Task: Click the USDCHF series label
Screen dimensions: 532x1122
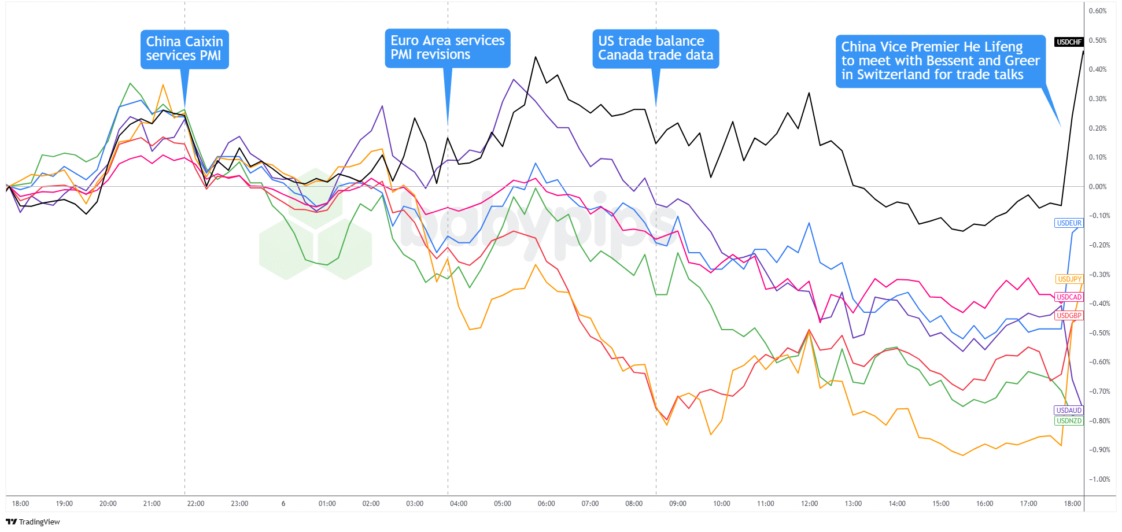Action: (1069, 42)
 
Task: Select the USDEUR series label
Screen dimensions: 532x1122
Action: (1069, 223)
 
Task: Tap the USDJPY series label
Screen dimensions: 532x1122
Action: (1069, 279)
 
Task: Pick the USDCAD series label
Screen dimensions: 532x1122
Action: (1069, 297)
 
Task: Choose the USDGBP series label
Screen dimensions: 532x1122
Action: (1069, 316)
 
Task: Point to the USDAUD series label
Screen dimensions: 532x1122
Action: (1069, 411)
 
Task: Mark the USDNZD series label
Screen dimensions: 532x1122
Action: (1069, 421)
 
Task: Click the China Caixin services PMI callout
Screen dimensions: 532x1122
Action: (184, 49)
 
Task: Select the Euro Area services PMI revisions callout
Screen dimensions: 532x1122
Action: (447, 48)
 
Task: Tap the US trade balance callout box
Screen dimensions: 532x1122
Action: (655, 49)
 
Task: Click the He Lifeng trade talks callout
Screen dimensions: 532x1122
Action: (940, 61)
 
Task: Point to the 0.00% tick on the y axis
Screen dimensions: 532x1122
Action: (1097, 187)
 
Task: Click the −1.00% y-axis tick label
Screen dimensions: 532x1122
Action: (1099, 479)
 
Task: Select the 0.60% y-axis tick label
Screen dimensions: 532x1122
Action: (1097, 11)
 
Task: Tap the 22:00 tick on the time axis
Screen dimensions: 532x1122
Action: (195, 504)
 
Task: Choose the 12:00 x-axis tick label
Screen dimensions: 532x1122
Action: (809, 504)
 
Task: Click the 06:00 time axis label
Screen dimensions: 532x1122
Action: (546, 504)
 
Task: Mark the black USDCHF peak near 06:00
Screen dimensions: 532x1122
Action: (536, 57)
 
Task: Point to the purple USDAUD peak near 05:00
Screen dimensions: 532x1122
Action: (514, 79)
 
